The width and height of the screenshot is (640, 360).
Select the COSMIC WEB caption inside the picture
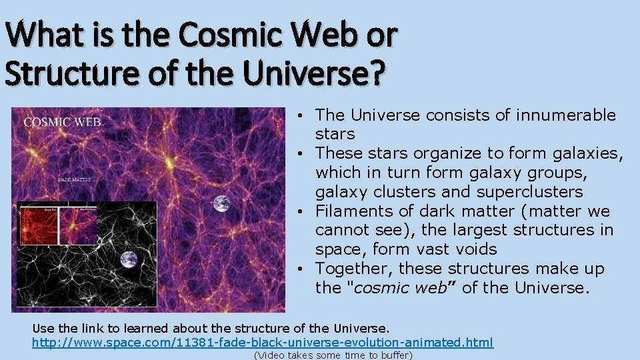point(63,122)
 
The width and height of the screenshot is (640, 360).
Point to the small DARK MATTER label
point(75,179)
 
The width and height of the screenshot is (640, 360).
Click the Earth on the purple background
point(222,203)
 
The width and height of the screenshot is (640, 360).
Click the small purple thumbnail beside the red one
point(79,225)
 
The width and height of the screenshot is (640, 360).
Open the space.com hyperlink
point(263,342)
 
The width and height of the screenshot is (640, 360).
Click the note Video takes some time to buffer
point(333,355)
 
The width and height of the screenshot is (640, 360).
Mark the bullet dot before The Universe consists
point(303,116)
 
